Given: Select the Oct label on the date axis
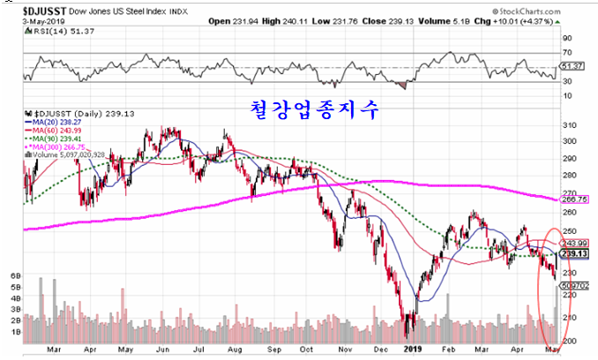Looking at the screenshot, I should pos(305,349).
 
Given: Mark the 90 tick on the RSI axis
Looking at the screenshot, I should pos(567,38).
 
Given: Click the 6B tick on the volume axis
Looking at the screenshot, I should pos(14,275).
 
